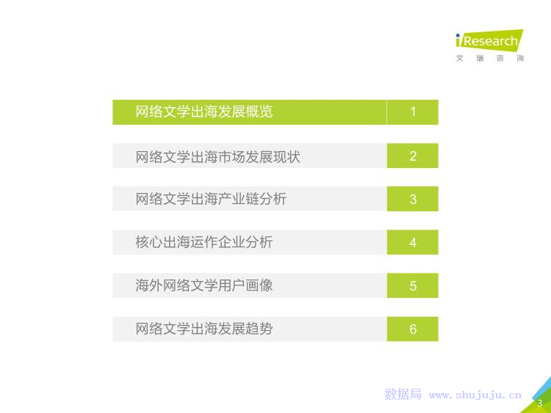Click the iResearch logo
pos(489,40)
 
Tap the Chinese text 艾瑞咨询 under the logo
pos(490,58)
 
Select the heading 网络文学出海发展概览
pos(204,112)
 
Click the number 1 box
pos(413,112)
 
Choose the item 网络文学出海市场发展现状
pos(218,156)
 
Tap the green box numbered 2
pos(413,156)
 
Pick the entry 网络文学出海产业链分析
pos(211,199)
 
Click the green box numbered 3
pos(413,199)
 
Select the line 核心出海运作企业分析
pos(204,242)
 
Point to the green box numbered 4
pos(413,242)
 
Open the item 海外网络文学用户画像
pos(204,285)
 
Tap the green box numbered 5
pos(413,285)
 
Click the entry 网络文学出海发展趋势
pos(204,329)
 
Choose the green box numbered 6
pos(413,329)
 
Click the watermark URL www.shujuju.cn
pos(475,395)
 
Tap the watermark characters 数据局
pos(403,394)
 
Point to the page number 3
pos(540,403)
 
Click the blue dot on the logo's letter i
pos(458,35)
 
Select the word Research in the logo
pos(491,41)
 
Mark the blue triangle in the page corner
pos(544,390)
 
